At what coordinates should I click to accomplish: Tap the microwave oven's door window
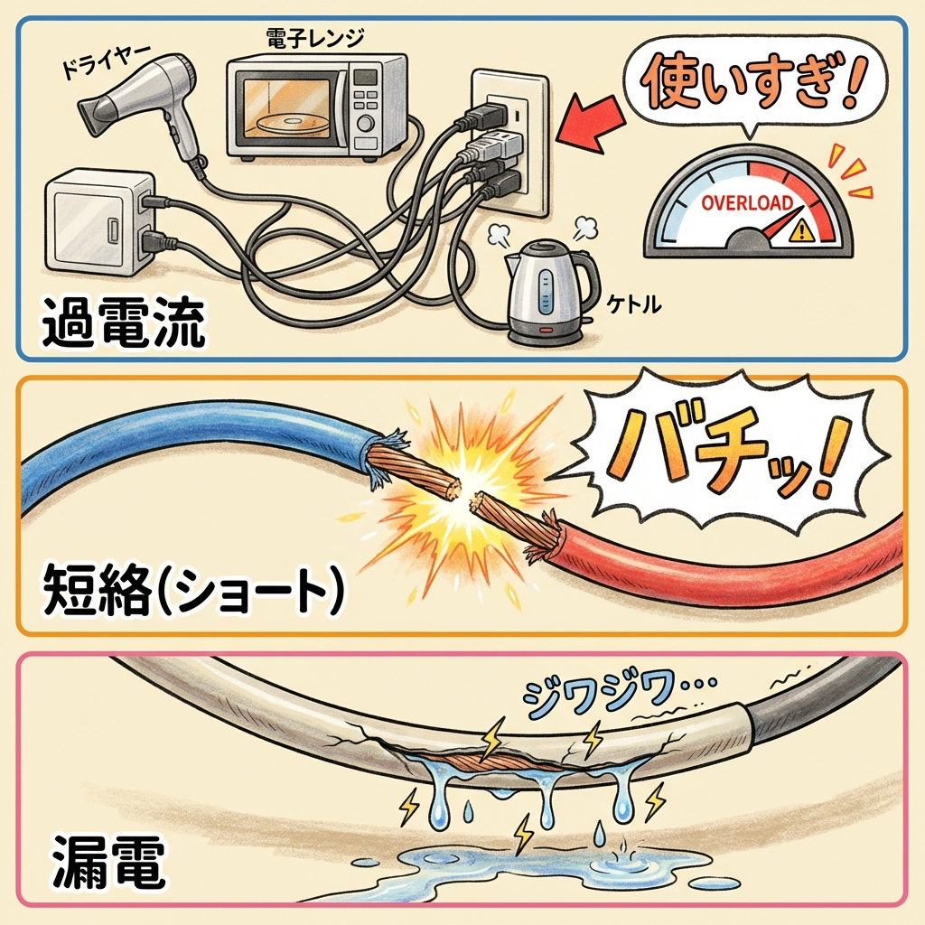(x=290, y=109)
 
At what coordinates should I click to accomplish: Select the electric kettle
(x=543, y=294)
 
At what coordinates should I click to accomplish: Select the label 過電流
(x=123, y=325)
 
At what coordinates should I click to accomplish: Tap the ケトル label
(x=638, y=305)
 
